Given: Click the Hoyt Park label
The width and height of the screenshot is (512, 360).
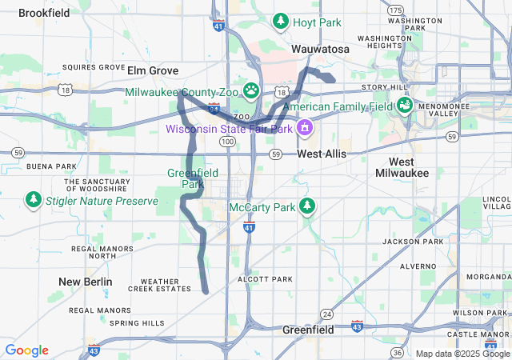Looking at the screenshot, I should pyautogui.click(x=318, y=22).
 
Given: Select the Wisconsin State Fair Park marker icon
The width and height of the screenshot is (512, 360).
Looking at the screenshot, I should pyautogui.click(x=305, y=127).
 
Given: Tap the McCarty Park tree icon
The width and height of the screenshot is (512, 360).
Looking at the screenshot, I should pyautogui.click(x=307, y=206).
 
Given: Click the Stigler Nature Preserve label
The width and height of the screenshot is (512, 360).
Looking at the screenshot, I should pyautogui.click(x=102, y=201).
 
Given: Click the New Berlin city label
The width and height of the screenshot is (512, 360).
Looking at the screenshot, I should pyautogui.click(x=86, y=282).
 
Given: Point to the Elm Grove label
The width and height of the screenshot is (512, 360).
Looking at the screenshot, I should pyautogui.click(x=152, y=70).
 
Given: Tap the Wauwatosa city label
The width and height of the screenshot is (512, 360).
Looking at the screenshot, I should pyautogui.click(x=320, y=49).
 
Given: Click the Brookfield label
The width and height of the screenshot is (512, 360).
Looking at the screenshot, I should pyautogui.click(x=44, y=13).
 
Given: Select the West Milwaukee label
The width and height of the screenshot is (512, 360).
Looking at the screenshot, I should pyautogui.click(x=402, y=167).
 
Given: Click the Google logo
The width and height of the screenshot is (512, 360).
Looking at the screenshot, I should pyautogui.click(x=26, y=350).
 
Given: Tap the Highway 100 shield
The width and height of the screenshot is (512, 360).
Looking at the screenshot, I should pyautogui.click(x=227, y=141).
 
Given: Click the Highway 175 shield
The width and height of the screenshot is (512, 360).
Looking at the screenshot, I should pyautogui.click(x=395, y=10).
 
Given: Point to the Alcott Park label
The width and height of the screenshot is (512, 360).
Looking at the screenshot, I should pyautogui.click(x=266, y=279).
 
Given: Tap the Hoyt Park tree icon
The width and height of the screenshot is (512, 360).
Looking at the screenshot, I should pyautogui.click(x=281, y=21).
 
